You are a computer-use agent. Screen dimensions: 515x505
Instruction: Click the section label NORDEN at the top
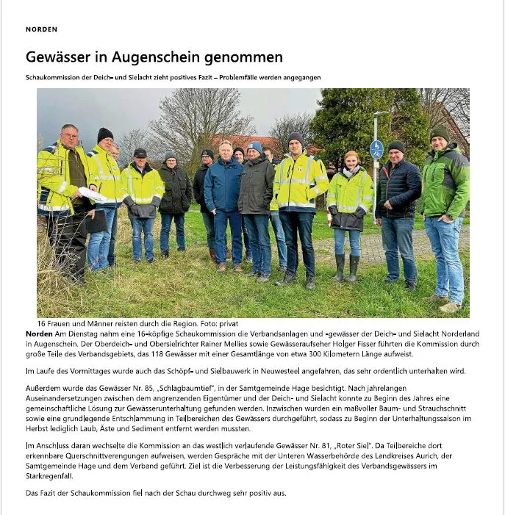[x=41, y=29]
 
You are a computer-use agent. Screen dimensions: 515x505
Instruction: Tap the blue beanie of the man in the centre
[x=255, y=147]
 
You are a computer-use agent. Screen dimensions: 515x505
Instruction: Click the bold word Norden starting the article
[x=39, y=334]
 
